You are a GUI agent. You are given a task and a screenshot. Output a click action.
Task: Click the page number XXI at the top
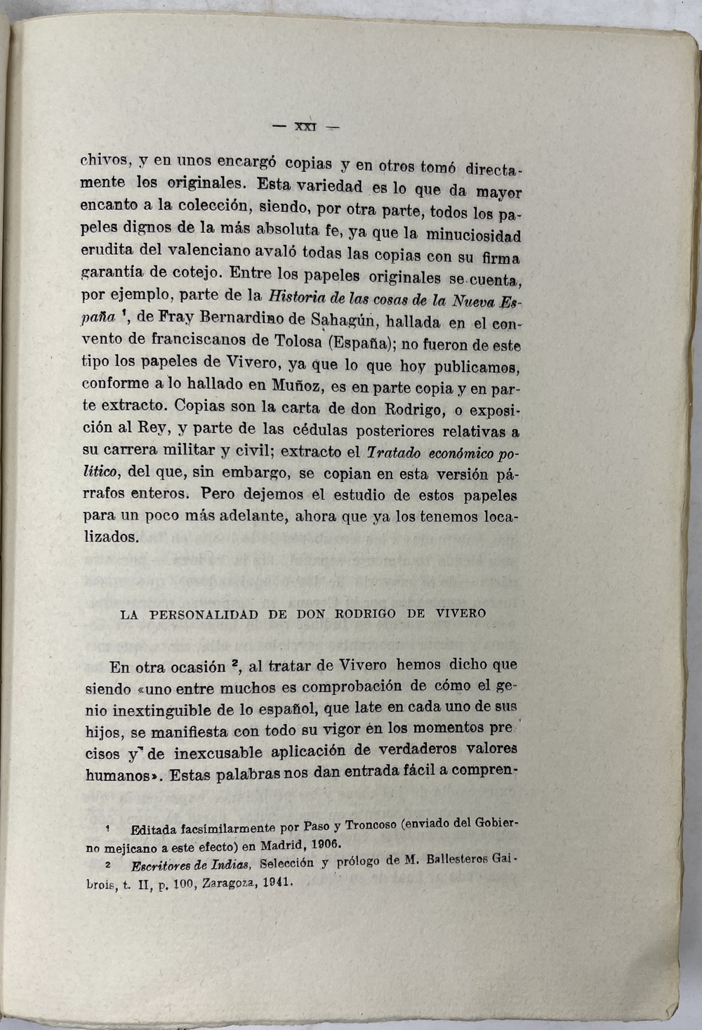[306, 127]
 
